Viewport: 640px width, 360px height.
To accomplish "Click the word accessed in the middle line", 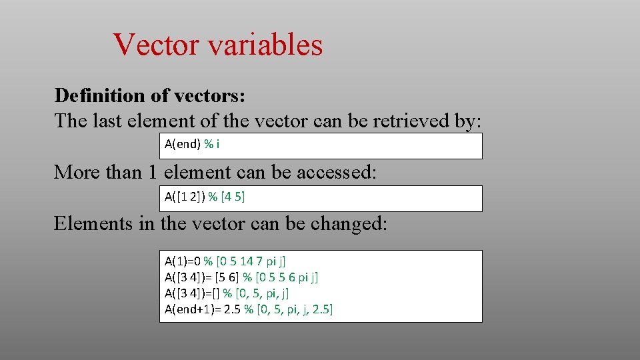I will (337, 172).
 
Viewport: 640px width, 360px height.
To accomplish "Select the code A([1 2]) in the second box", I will (185, 197).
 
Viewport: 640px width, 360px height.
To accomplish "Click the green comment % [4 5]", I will (227, 197).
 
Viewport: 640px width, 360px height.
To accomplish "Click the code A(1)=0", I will (183, 261).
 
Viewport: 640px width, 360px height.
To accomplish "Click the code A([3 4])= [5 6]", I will (202, 277).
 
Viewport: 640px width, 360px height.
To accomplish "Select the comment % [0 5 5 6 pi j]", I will (280, 277).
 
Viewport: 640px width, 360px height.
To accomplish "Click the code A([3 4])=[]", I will (191, 293).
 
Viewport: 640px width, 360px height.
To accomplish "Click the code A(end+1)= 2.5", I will (203, 309).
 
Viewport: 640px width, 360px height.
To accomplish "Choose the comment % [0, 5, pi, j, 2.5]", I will (289, 309).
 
